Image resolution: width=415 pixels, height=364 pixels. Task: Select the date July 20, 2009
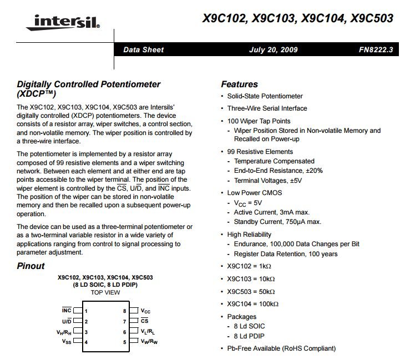274,49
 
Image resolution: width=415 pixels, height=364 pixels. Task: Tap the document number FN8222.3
376,49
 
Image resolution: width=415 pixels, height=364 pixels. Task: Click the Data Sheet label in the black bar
143,49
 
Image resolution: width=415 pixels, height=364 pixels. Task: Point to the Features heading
239,84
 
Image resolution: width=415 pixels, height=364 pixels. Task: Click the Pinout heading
31,266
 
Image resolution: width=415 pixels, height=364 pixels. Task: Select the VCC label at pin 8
145,311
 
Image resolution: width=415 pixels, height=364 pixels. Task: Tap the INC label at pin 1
66,311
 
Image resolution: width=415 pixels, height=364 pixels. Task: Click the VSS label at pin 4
67,342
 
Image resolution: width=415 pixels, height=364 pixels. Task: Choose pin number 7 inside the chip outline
125,321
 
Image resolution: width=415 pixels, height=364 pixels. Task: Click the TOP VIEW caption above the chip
105,292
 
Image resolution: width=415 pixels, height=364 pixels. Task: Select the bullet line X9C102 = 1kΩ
249,266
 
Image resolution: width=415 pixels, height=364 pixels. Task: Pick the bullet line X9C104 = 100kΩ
252,304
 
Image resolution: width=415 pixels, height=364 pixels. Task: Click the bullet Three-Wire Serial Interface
267,108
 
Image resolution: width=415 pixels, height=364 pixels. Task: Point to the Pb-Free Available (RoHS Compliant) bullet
281,348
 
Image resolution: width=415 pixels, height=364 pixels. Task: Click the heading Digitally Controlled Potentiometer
89,84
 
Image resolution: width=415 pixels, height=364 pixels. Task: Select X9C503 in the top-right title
370,19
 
